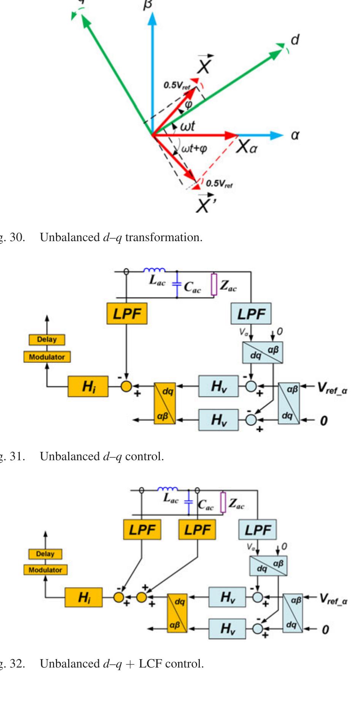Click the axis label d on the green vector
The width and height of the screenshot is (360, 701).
point(295,40)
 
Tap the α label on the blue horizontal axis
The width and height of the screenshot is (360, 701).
point(295,135)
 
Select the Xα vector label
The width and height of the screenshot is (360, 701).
point(246,147)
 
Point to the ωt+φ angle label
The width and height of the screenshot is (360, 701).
point(194,148)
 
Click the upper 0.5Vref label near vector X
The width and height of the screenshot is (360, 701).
point(177,85)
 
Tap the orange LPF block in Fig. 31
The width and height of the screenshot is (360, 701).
point(127,314)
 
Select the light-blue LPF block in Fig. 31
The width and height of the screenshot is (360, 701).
point(251,314)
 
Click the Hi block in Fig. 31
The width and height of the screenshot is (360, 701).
point(88,386)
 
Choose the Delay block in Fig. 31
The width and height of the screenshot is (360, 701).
point(47,339)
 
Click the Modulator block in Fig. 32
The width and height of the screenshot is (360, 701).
point(45,570)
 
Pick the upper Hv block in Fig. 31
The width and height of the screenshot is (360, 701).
point(218,386)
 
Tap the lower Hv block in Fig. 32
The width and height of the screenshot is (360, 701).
point(227,628)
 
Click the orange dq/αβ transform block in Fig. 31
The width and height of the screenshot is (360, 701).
point(165,404)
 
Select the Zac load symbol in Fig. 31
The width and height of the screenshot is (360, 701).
point(214,284)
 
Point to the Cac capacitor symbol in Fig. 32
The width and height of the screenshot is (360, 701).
point(189,502)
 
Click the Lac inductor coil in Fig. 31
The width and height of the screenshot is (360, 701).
point(154,270)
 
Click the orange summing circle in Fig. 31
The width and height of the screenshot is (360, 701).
point(126,386)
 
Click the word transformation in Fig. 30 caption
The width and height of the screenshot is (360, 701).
point(164,237)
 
